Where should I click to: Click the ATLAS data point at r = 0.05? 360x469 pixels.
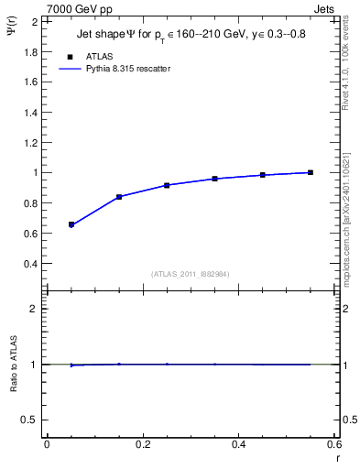point(71,224)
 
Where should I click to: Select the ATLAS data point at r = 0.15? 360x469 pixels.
point(119,197)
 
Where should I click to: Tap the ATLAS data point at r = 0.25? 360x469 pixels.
point(167,185)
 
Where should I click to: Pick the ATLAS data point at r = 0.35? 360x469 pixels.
point(215,179)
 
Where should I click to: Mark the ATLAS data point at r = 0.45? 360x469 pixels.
point(263,175)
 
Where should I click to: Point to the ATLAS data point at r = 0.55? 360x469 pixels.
point(311,172)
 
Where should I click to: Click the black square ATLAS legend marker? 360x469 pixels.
point(71,55)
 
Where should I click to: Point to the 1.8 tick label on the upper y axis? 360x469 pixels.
point(30,51)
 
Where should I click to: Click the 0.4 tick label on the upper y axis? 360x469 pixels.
point(30,264)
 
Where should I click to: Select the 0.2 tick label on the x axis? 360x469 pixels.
point(142,443)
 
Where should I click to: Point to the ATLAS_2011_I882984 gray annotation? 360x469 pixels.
point(190,274)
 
